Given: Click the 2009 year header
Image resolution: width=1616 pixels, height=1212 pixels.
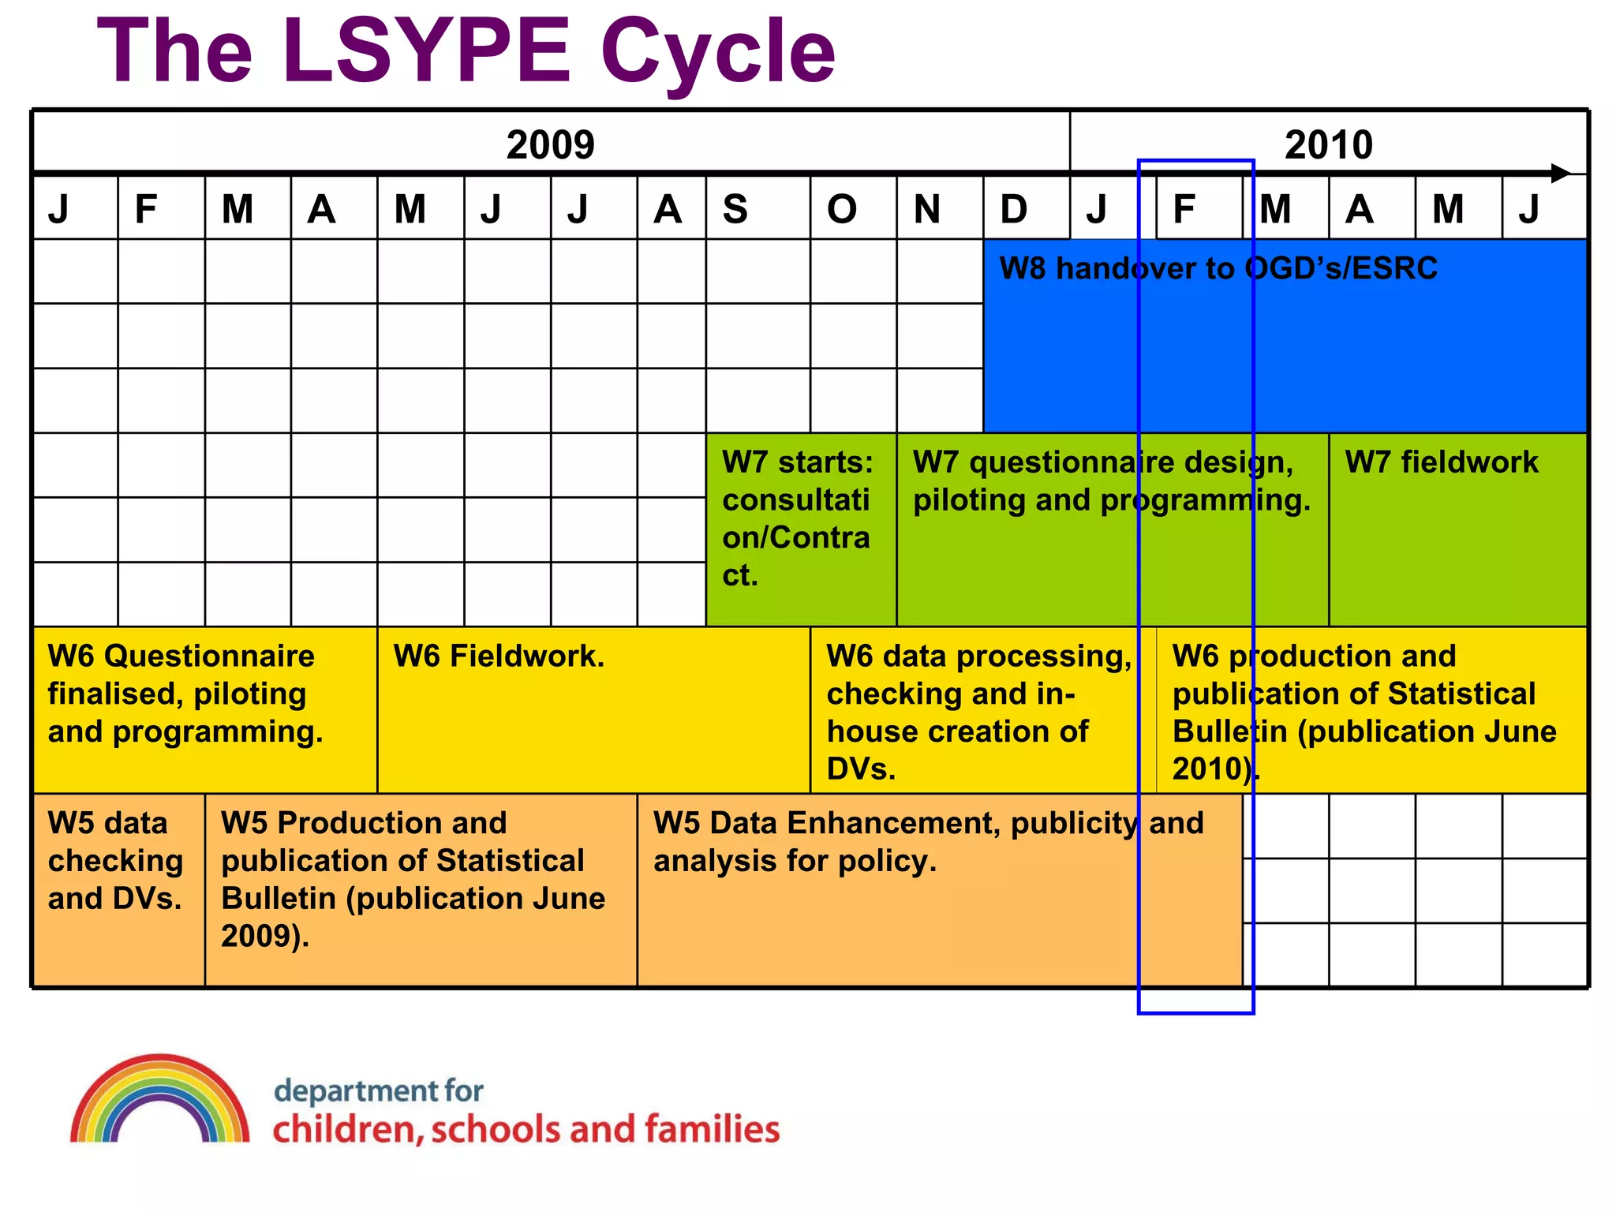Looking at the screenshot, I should pyautogui.click(x=550, y=145).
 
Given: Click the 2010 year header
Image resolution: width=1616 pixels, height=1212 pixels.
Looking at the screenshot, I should pyautogui.click(x=1328, y=145).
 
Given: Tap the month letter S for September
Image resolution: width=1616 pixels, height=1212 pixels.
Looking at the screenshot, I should pyautogui.click(x=735, y=210).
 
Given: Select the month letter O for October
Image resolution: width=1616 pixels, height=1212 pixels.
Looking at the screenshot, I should pyautogui.click(x=841, y=210).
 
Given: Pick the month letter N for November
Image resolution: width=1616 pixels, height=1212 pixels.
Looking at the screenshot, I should pyautogui.click(x=927, y=210).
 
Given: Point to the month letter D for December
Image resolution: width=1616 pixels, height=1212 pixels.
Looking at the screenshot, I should pyautogui.click(x=1014, y=210).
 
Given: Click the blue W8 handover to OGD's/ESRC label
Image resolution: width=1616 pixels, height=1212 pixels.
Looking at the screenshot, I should pyautogui.click(x=1218, y=269).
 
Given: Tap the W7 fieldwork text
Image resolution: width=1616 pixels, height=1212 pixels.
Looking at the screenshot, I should pyautogui.click(x=1441, y=462).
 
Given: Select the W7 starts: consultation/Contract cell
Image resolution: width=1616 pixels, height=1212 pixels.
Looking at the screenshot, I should pyautogui.click(x=797, y=518).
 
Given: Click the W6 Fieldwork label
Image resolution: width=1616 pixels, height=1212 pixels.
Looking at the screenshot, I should pyautogui.click(x=499, y=656).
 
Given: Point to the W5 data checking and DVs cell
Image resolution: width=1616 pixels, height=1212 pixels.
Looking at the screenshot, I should pyautogui.click(x=115, y=861).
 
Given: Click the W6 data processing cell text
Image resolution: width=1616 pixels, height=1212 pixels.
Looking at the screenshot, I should pyautogui.click(x=978, y=712).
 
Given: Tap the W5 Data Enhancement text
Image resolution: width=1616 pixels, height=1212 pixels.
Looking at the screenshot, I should pyautogui.click(x=928, y=842).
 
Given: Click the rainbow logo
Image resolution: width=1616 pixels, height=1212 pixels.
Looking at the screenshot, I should pyautogui.click(x=160, y=1101).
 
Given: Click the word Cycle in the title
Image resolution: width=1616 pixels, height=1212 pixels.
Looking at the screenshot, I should pyautogui.click(x=717, y=51).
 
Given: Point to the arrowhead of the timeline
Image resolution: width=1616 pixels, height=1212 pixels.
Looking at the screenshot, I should pyautogui.click(x=1560, y=173).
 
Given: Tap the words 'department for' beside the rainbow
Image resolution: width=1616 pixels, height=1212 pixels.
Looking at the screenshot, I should pyautogui.click(x=378, y=1091).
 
